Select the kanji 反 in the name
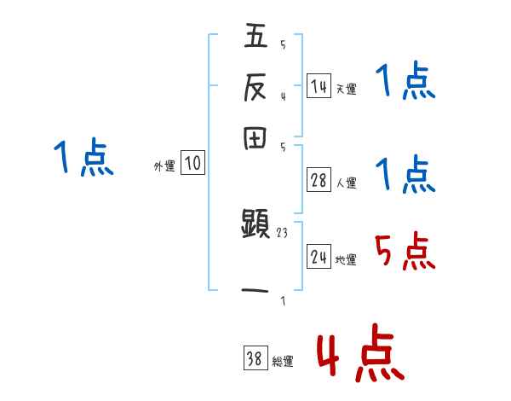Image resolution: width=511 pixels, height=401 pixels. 256,87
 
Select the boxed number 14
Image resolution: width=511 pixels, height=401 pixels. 319,86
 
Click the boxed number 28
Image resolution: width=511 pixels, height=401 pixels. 319,180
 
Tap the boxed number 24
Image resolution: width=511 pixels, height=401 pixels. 319,257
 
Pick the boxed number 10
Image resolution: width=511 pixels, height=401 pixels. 192,163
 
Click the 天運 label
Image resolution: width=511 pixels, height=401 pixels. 346,89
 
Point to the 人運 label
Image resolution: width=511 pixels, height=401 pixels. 346,183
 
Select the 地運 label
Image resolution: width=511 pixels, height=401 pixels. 346,259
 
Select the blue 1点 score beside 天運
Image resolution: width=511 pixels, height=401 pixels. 405,83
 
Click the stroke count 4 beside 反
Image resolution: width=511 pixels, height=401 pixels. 283,96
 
